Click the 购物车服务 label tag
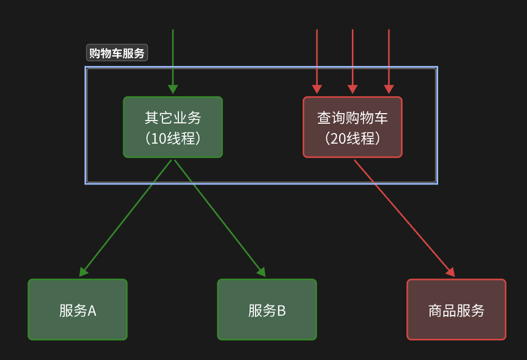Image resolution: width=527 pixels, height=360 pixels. [116, 53]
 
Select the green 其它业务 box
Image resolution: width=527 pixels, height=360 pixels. [172, 127]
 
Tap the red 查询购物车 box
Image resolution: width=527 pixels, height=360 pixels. [352, 127]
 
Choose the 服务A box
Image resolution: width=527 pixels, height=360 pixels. [77, 309]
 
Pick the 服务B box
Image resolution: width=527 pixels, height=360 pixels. [267, 309]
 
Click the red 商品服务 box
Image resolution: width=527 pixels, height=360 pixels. [456, 309]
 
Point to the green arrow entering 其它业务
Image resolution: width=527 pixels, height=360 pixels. [172, 58]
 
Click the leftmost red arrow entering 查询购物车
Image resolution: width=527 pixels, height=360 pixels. [316, 58]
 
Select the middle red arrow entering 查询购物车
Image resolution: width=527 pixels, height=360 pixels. [352, 58]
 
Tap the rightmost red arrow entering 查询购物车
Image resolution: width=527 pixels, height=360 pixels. [389, 58]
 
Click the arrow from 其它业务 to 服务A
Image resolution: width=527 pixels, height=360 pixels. [127, 217]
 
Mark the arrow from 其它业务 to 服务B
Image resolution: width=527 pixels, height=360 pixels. [220, 217]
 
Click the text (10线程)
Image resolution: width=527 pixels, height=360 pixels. [172, 139]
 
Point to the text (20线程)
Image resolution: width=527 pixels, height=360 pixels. [352, 139]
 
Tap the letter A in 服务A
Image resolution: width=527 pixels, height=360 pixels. [92, 311]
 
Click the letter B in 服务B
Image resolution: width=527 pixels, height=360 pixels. [281, 311]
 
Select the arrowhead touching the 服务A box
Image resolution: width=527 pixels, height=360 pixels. [83, 272]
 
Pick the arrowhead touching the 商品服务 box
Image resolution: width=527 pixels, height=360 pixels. [451, 272]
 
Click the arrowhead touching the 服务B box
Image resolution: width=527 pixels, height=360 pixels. [261, 272]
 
